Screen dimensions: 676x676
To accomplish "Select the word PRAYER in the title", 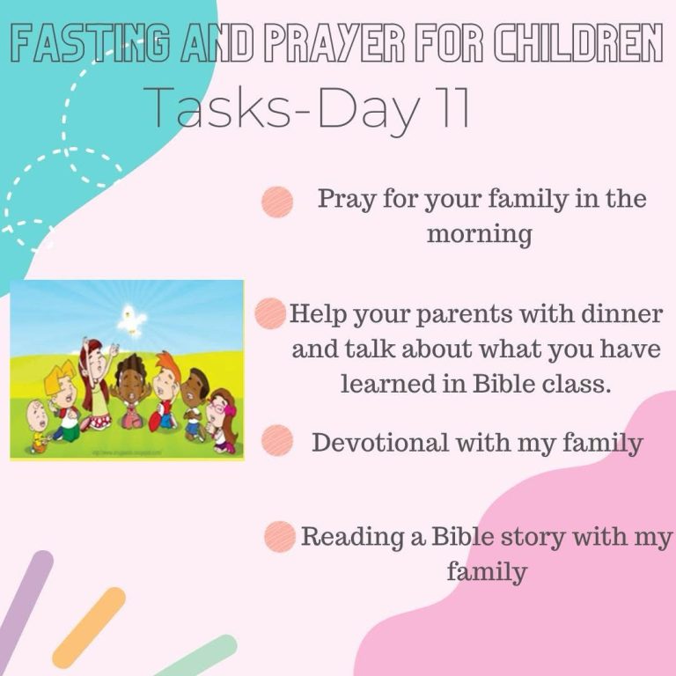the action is (x=334, y=43).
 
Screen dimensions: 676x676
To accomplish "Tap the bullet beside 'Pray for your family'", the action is (x=277, y=202).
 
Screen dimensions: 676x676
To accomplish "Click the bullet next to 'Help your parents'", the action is (x=270, y=313).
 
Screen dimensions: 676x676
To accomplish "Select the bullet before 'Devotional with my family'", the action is (x=277, y=440).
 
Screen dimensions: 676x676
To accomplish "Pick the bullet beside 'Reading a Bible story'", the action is (x=280, y=537).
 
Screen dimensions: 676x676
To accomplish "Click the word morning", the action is (x=480, y=235).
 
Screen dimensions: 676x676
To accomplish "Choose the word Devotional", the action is (x=380, y=443).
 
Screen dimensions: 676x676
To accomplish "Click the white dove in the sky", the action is (x=130, y=319).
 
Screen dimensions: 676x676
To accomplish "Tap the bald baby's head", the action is (x=38, y=415).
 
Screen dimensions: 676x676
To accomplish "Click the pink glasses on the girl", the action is (x=219, y=406).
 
